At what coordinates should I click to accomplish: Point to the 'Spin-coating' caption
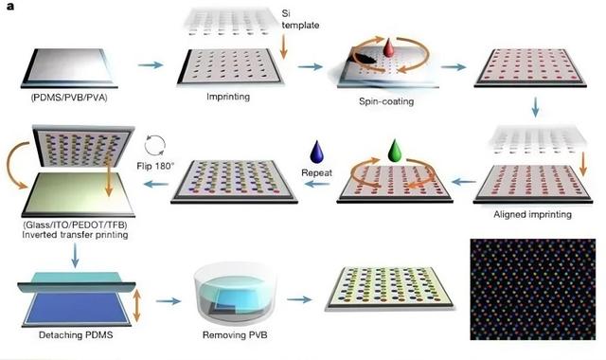click(382, 101)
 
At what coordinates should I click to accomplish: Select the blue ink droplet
click(318, 151)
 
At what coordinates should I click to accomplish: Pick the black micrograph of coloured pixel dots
click(536, 289)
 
